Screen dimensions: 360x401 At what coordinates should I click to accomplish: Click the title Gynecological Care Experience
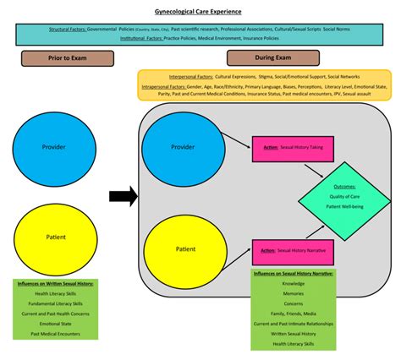click(x=200, y=12)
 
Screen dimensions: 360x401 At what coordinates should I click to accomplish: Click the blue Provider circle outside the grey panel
click(x=53, y=147)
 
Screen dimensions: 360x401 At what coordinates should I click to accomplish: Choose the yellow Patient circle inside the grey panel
click(x=185, y=248)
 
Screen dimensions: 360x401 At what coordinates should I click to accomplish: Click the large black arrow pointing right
click(x=124, y=197)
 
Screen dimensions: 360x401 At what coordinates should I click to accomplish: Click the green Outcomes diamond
click(x=343, y=199)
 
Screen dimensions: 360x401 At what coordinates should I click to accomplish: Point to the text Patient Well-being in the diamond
click(x=344, y=206)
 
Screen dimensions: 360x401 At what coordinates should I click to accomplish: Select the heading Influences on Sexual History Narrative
click(x=293, y=275)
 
